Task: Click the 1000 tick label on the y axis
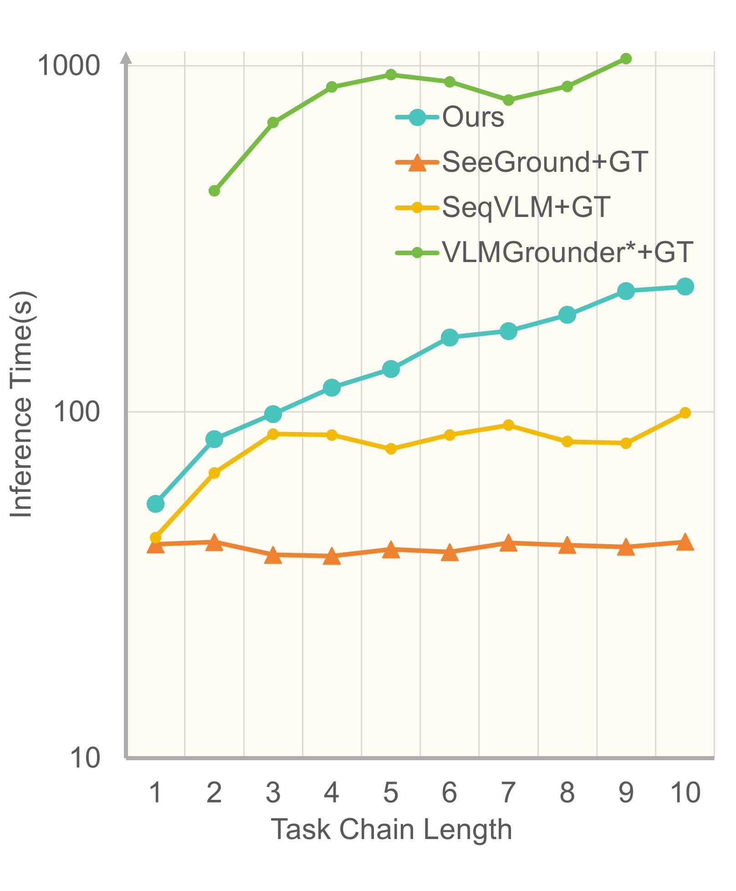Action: point(68,66)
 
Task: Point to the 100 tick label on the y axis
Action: point(77,412)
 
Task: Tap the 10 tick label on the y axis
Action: point(85,758)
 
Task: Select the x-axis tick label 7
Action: point(508,793)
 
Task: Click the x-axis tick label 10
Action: point(685,793)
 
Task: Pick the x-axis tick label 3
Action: point(273,793)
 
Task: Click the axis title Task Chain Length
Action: point(391,829)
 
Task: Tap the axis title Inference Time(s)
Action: point(21,404)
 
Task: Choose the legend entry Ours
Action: point(473,118)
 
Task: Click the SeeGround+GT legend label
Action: point(545,162)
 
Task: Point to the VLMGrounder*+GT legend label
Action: point(567,252)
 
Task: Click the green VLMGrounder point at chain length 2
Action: point(214,191)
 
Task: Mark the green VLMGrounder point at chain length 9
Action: point(626,58)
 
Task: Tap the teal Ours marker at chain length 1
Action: point(155,504)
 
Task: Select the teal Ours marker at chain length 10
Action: point(685,287)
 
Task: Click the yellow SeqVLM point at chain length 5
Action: point(391,449)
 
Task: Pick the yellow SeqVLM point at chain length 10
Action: point(685,413)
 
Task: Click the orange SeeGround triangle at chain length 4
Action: point(332,556)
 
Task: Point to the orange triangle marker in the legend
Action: point(417,163)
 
